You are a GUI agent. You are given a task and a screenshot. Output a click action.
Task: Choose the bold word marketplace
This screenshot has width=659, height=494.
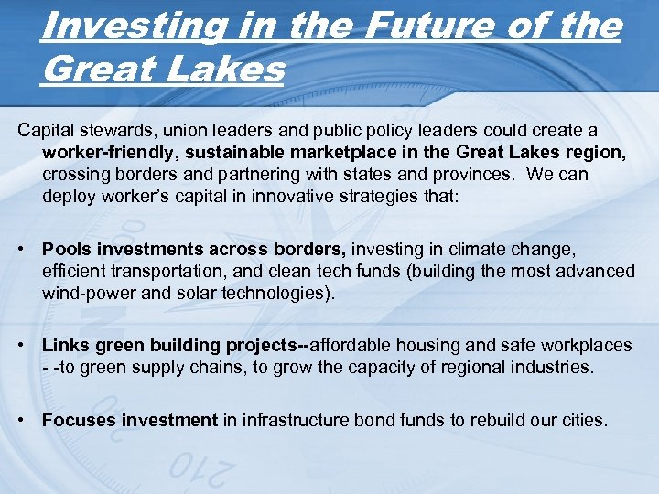pyautogui.click(x=350, y=154)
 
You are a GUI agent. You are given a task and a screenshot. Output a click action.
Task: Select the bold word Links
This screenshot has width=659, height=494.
pyautogui.click(x=64, y=346)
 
